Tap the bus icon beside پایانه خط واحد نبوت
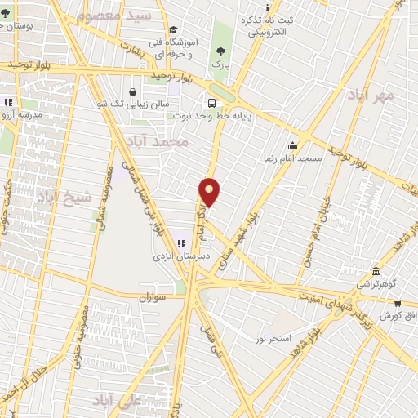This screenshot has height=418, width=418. (x=212, y=103)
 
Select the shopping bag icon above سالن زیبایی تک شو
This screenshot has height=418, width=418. (x=131, y=91)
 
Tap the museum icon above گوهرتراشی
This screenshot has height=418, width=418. (x=376, y=271)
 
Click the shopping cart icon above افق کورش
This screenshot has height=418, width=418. (x=397, y=304)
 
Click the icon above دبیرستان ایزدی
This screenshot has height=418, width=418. (x=182, y=242)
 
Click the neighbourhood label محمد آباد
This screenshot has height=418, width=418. (x=164, y=141)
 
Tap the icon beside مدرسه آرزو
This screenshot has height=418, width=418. (x=8, y=103)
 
